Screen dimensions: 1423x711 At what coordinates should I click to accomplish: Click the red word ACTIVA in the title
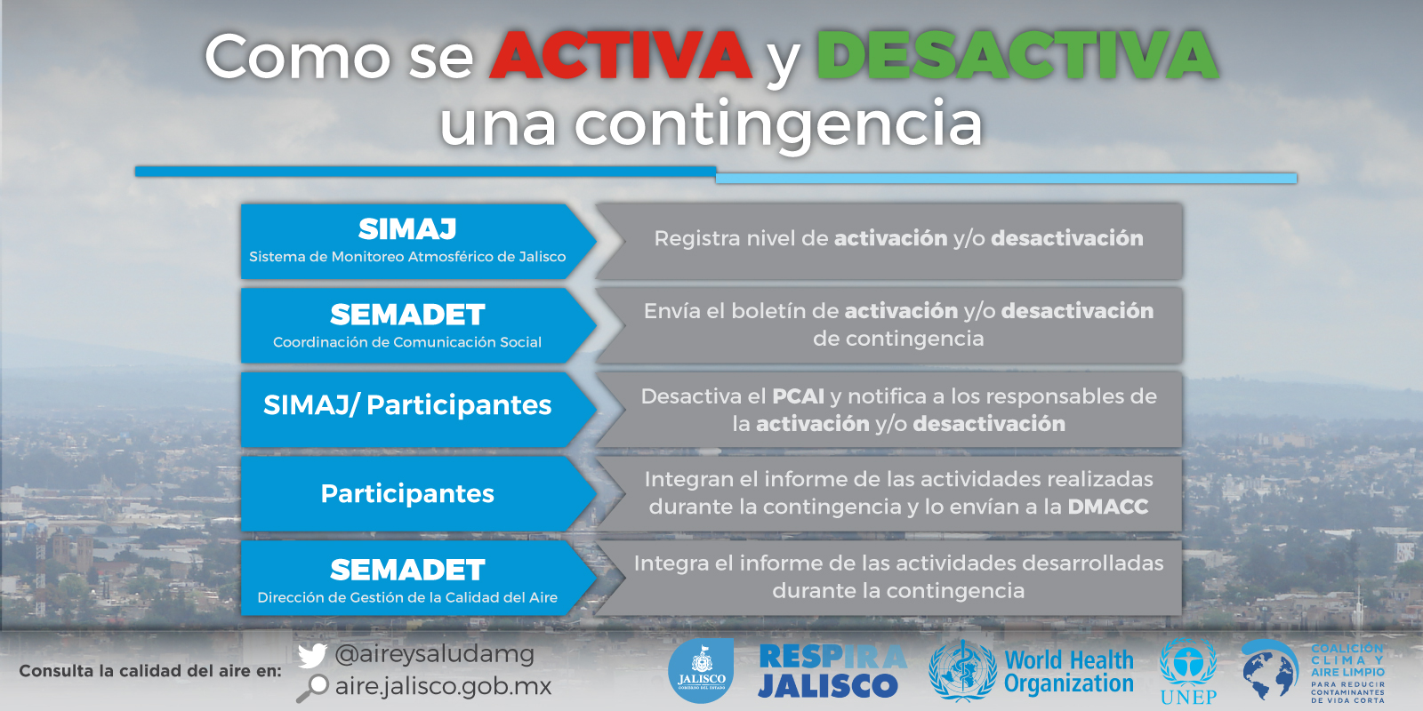[621, 55]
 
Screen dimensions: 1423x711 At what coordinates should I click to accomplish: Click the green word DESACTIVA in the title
[1017, 55]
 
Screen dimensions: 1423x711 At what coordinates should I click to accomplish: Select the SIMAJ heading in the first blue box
[407, 229]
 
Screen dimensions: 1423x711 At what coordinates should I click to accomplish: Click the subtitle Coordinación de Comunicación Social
[407, 342]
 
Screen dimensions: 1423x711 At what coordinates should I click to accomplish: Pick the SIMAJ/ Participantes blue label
[407, 405]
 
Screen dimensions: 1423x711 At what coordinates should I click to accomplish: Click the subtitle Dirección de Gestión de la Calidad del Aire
[407, 597]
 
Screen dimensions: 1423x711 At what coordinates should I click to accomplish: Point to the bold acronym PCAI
[798, 396]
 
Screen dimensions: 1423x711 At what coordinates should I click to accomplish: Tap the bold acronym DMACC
[1108, 507]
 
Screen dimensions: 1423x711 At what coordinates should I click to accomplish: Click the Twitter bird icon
[312, 655]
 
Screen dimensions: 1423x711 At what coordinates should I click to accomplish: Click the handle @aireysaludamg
[435, 654]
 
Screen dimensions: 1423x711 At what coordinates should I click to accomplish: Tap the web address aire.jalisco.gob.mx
[444, 687]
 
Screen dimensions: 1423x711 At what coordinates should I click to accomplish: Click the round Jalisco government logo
[702, 670]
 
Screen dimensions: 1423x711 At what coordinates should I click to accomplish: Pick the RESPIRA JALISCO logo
[832, 671]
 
